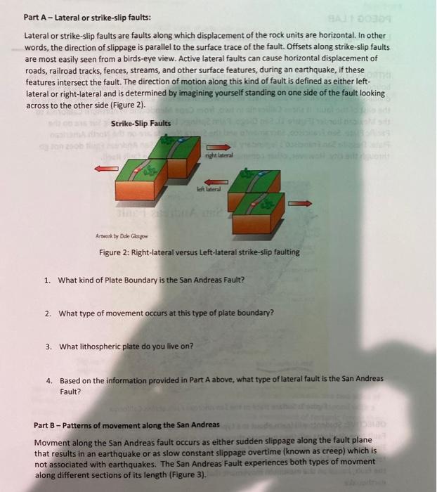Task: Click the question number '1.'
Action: (47, 280)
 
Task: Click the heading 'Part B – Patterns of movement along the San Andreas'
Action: (126, 425)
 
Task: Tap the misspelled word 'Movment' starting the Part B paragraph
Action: (51, 440)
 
